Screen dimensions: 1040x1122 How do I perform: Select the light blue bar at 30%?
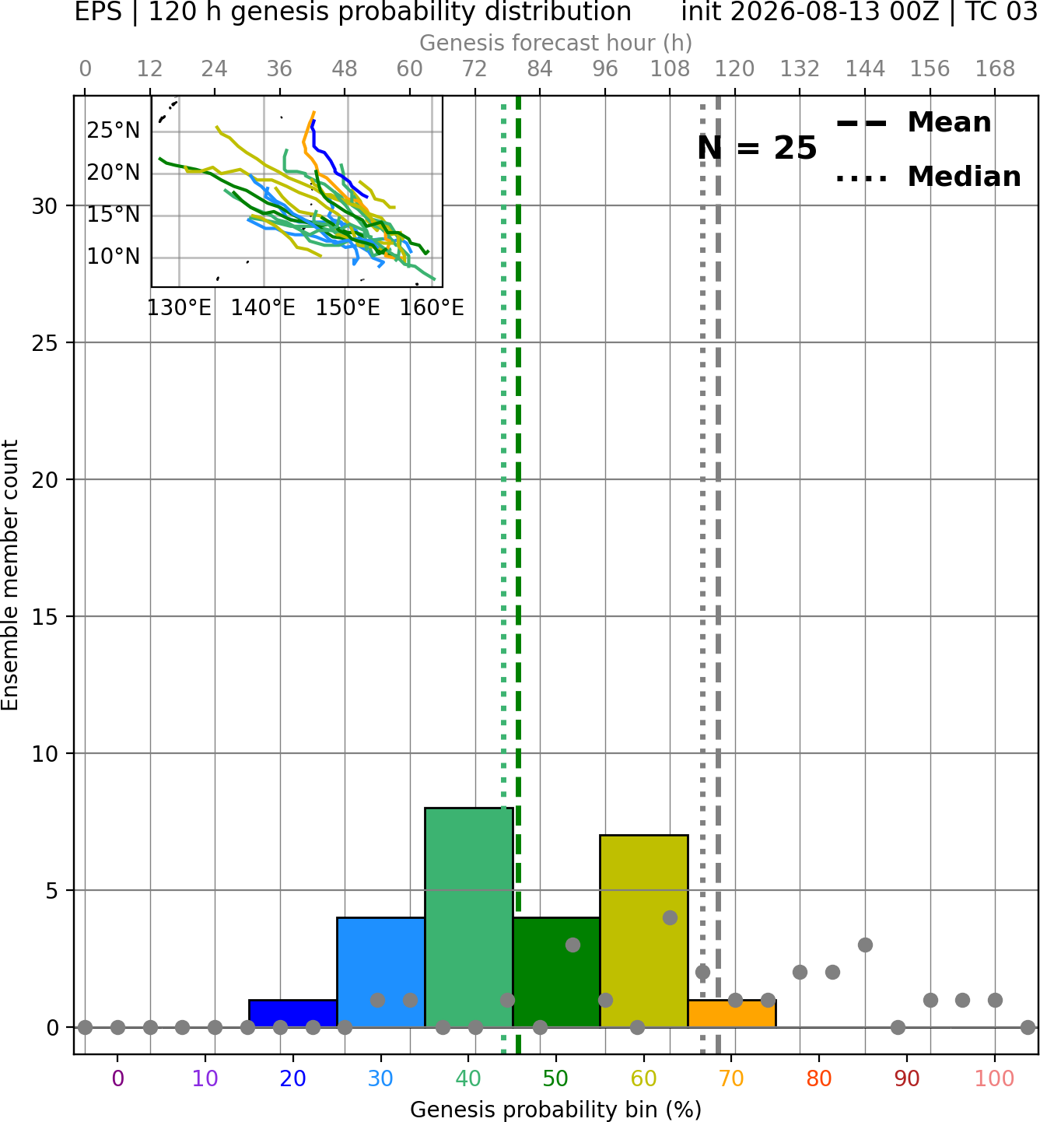(380, 973)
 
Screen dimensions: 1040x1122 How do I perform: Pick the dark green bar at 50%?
(556, 973)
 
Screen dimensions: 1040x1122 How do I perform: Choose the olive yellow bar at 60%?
(644, 931)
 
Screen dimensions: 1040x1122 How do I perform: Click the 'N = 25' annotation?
(757, 148)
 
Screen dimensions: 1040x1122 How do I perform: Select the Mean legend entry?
(914, 122)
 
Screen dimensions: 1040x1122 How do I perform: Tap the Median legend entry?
(929, 177)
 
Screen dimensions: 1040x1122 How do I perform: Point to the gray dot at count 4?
(670, 917)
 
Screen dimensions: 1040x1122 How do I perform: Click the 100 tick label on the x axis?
(995, 1078)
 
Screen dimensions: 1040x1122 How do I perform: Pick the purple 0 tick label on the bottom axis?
(117, 1078)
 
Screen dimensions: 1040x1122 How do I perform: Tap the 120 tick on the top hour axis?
(735, 69)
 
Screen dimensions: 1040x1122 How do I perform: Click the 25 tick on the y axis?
(44, 343)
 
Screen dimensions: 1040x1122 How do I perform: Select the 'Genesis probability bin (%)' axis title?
(556, 1109)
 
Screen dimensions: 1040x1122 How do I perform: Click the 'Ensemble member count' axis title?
(9, 575)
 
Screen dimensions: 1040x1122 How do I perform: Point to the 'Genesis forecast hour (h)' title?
(556, 43)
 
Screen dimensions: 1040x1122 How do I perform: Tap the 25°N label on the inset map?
(113, 131)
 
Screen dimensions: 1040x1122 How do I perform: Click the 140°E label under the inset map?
(263, 308)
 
